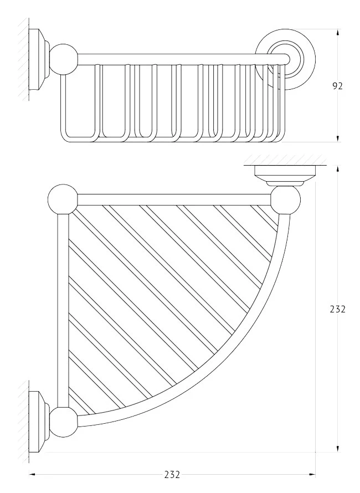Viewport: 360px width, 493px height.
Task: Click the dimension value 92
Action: pyautogui.click(x=337, y=86)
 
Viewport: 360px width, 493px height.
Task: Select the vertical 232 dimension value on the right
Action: pyautogui.click(x=338, y=309)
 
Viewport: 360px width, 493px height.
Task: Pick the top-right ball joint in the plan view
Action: pyautogui.click(x=286, y=200)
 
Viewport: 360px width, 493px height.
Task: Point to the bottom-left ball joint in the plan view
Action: pyautogui.click(x=64, y=422)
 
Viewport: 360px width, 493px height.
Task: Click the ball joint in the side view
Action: pyautogui.click(x=64, y=59)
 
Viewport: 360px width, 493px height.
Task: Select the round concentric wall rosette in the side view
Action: pyautogui.click(x=285, y=60)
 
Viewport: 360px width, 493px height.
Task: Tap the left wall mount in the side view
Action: pyautogui.click(x=39, y=60)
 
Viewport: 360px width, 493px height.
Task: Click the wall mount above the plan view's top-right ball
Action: pyautogui.click(x=285, y=176)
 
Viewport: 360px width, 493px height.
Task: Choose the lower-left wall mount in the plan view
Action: pyautogui.click(x=39, y=422)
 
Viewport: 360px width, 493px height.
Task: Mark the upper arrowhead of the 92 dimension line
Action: pyautogui.click(x=338, y=34)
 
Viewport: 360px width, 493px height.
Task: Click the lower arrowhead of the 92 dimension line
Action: pyautogui.click(x=338, y=138)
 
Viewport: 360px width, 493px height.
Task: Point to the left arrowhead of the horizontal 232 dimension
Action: pyautogui.click(x=33, y=475)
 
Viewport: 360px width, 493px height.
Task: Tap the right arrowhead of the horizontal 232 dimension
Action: pyautogui.click(x=311, y=475)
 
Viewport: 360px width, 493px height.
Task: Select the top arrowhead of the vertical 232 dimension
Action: pyautogui.click(x=338, y=170)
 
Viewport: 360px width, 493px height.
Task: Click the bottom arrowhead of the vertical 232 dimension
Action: pyautogui.click(x=338, y=448)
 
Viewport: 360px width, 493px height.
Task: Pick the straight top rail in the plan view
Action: pyautogui.click(x=174, y=199)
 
